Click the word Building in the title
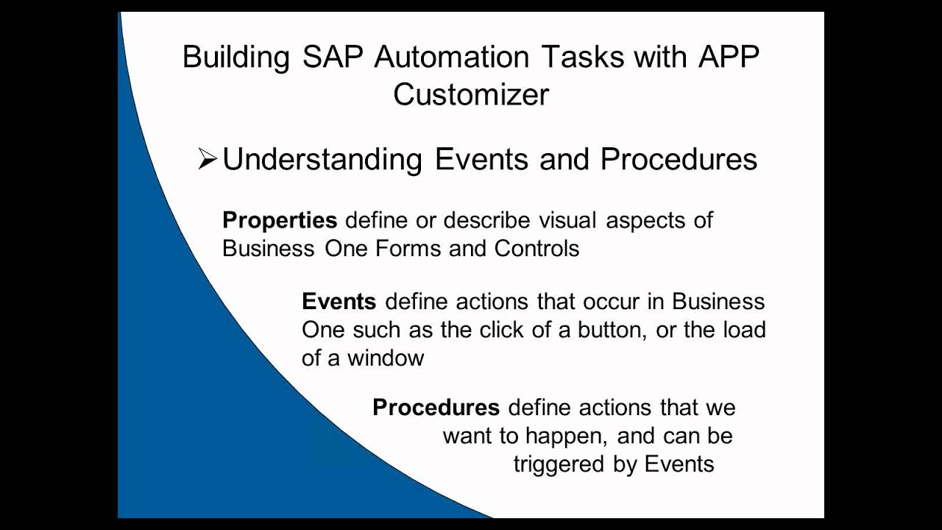235,58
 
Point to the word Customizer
471,95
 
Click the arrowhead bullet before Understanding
207,160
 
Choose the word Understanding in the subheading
322,160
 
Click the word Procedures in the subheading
679,160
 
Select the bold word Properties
280,220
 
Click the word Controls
536,248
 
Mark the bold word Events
339,302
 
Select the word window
386,358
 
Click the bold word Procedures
436,408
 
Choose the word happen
566,436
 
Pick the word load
744,330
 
